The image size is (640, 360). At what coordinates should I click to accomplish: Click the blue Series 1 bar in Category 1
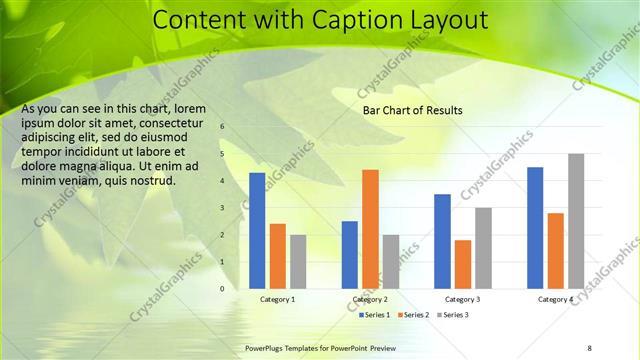pos(257,231)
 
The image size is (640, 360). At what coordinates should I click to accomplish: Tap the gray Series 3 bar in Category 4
pos(575,221)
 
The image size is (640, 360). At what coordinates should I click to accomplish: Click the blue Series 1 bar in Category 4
pos(535,228)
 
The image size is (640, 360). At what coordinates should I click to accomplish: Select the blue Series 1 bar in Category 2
pos(350,255)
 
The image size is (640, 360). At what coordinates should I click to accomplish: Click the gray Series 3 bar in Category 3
pos(483,248)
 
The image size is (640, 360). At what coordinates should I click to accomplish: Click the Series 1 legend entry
pos(376,315)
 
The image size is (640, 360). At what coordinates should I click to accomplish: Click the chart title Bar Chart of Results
pos(412,111)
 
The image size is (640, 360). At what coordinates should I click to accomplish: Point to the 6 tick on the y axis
pos(222,127)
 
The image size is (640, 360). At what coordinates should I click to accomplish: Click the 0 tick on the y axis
pos(222,289)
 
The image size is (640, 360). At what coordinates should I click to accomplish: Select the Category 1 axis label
pos(277,300)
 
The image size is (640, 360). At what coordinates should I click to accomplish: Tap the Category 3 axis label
pos(462,300)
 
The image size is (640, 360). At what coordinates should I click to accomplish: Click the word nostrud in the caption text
pos(153,181)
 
